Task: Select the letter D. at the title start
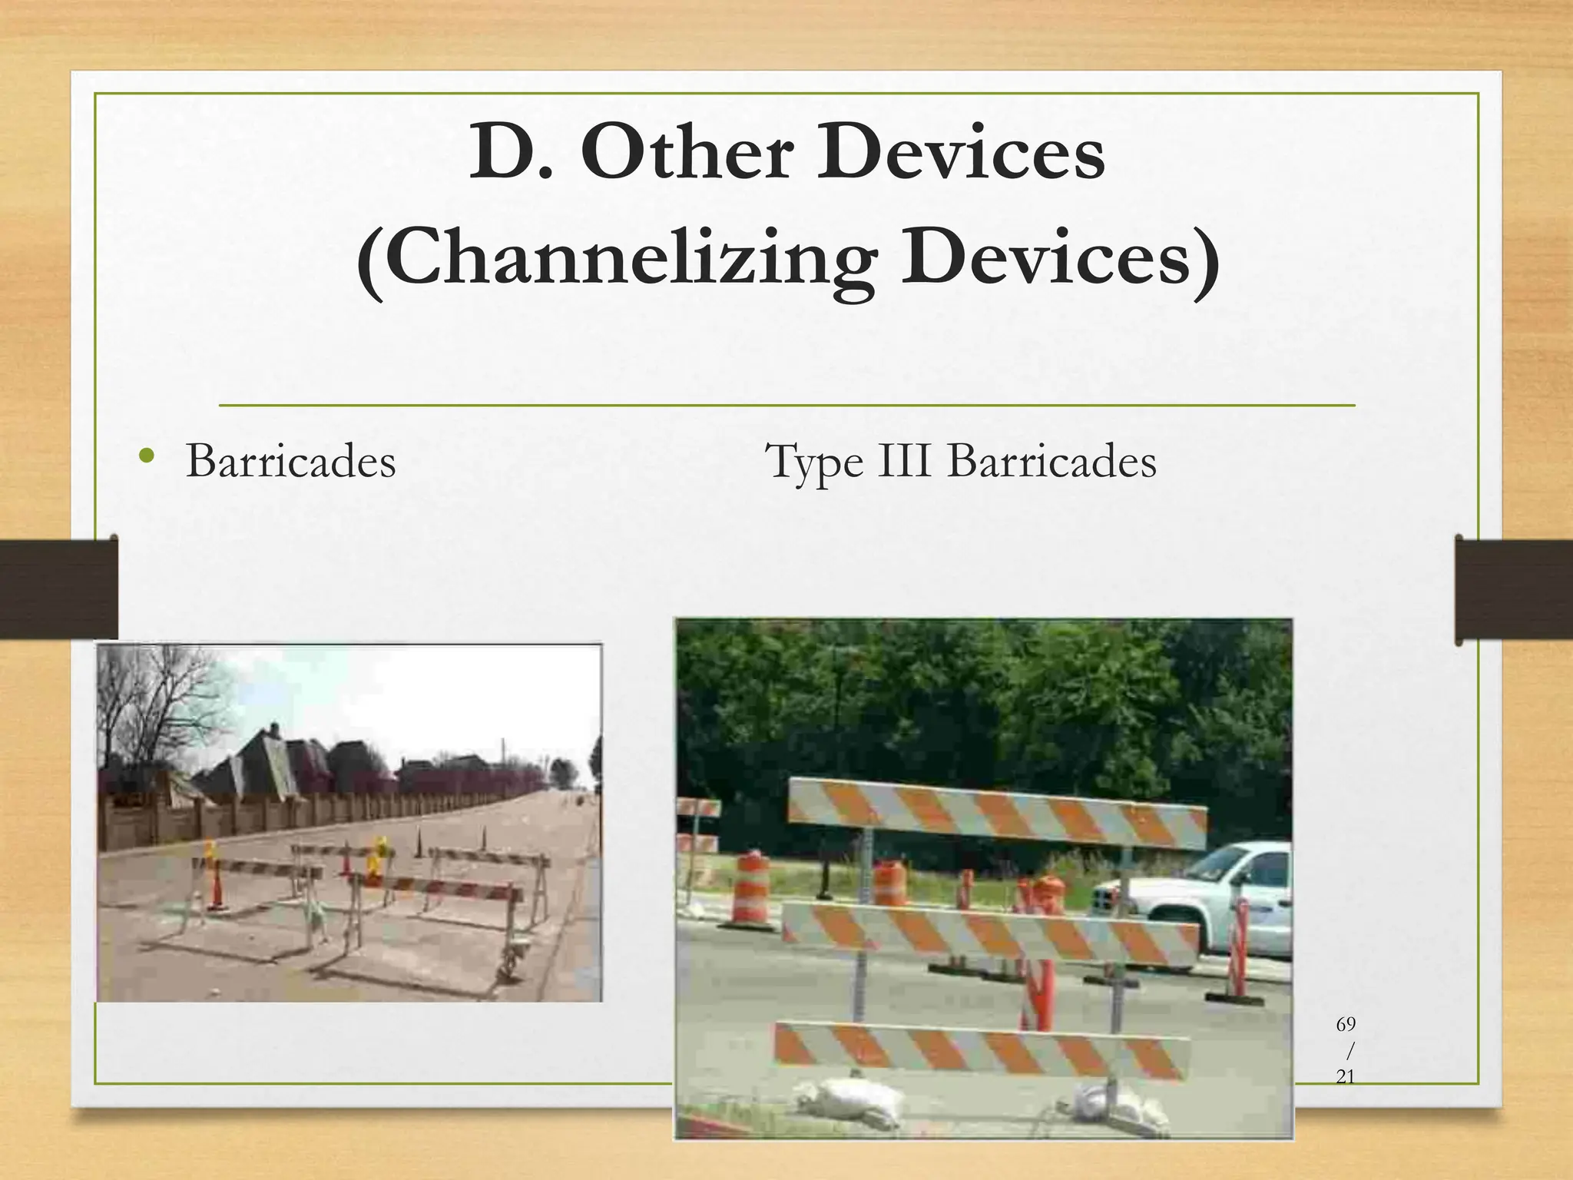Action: coord(511,154)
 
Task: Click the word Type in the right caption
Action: coord(814,463)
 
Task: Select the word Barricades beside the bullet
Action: coord(290,462)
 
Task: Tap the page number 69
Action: coord(1346,1024)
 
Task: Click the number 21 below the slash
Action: coord(1346,1077)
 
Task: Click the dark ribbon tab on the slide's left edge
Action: coord(58,588)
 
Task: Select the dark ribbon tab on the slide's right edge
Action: coord(1513,590)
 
